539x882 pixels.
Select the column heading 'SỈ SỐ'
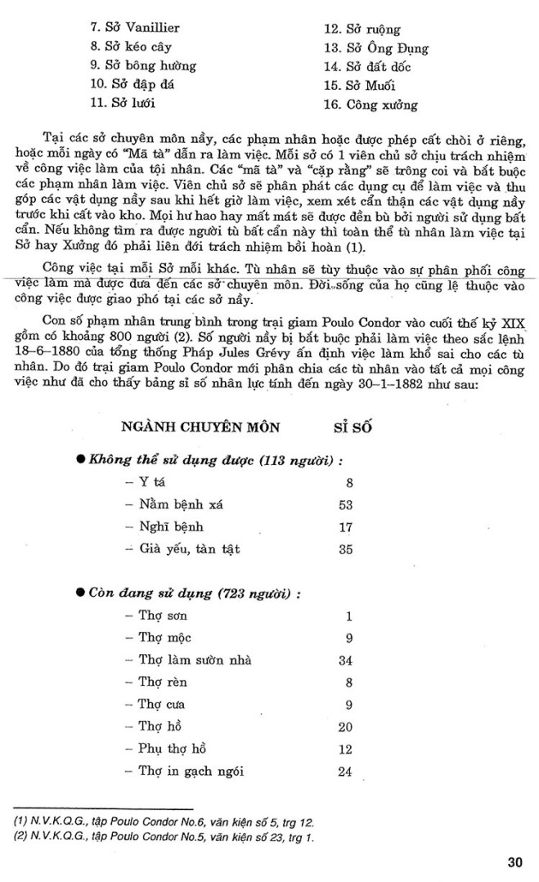[x=353, y=426]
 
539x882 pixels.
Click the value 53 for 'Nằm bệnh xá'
[x=344, y=504]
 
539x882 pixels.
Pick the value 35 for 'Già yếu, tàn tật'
[x=344, y=549]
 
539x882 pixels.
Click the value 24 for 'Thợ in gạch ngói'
[x=344, y=771]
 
